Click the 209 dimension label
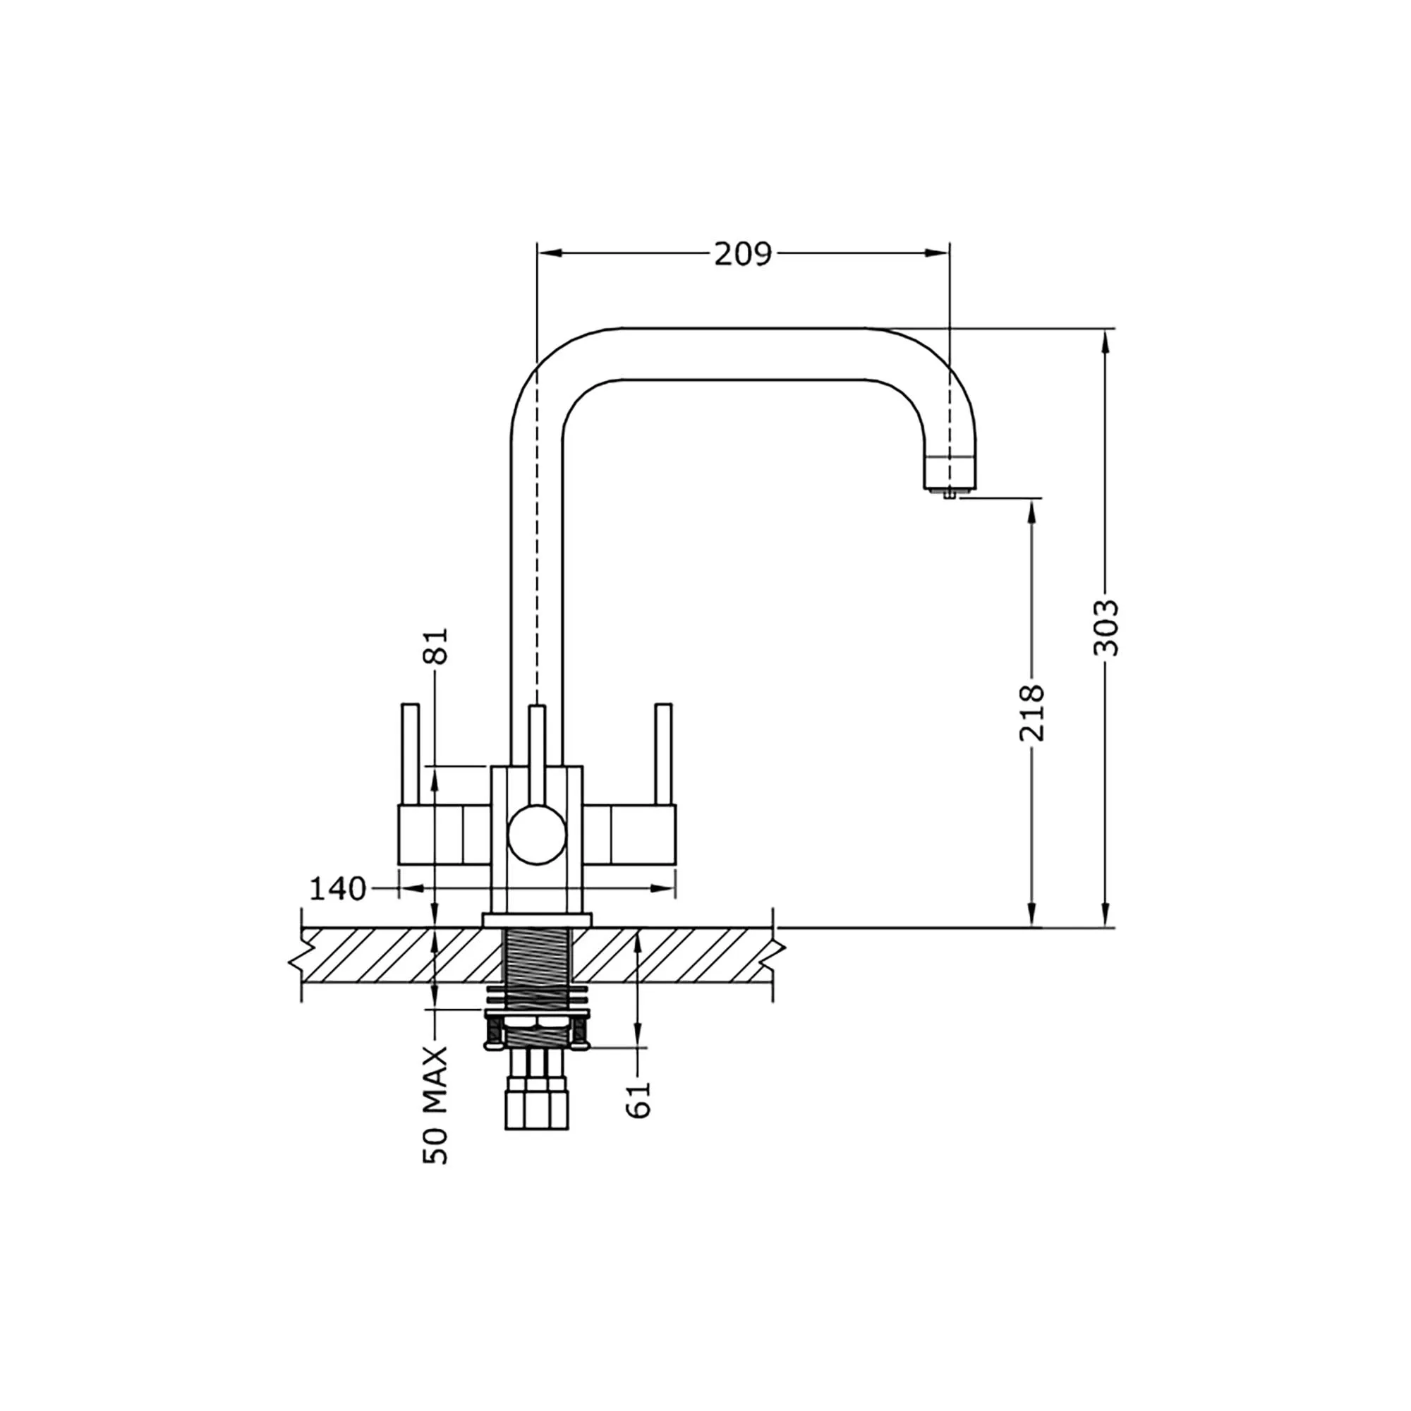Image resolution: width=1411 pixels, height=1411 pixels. click(x=742, y=254)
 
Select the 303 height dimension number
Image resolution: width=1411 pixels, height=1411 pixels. click(x=1106, y=627)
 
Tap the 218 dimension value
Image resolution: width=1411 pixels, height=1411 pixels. click(x=1032, y=713)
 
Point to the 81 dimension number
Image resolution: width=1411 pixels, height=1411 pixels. click(x=435, y=646)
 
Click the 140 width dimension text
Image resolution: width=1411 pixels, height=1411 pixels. click(x=338, y=889)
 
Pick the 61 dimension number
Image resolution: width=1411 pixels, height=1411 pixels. click(x=638, y=1100)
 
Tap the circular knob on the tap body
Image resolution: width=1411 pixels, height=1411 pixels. click(x=537, y=834)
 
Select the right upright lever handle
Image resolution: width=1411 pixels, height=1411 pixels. click(x=663, y=754)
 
